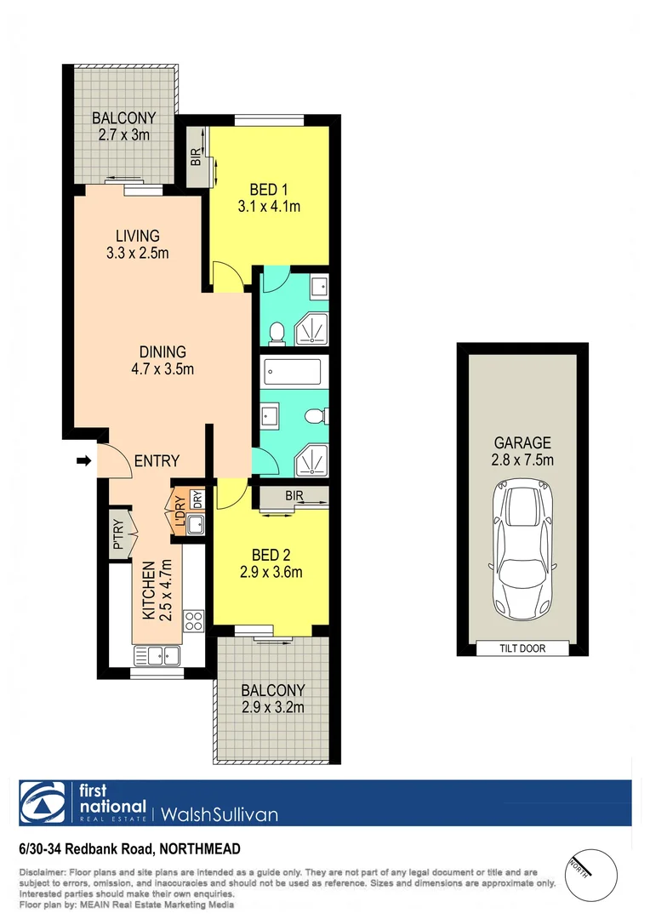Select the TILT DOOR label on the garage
point(522,648)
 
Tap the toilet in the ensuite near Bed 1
point(277,332)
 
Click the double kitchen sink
point(156,655)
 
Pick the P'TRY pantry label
point(118,536)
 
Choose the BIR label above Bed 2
point(294,495)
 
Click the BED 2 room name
point(271,555)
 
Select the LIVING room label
point(138,236)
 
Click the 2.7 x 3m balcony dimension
point(125,135)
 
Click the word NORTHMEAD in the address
point(198,848)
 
